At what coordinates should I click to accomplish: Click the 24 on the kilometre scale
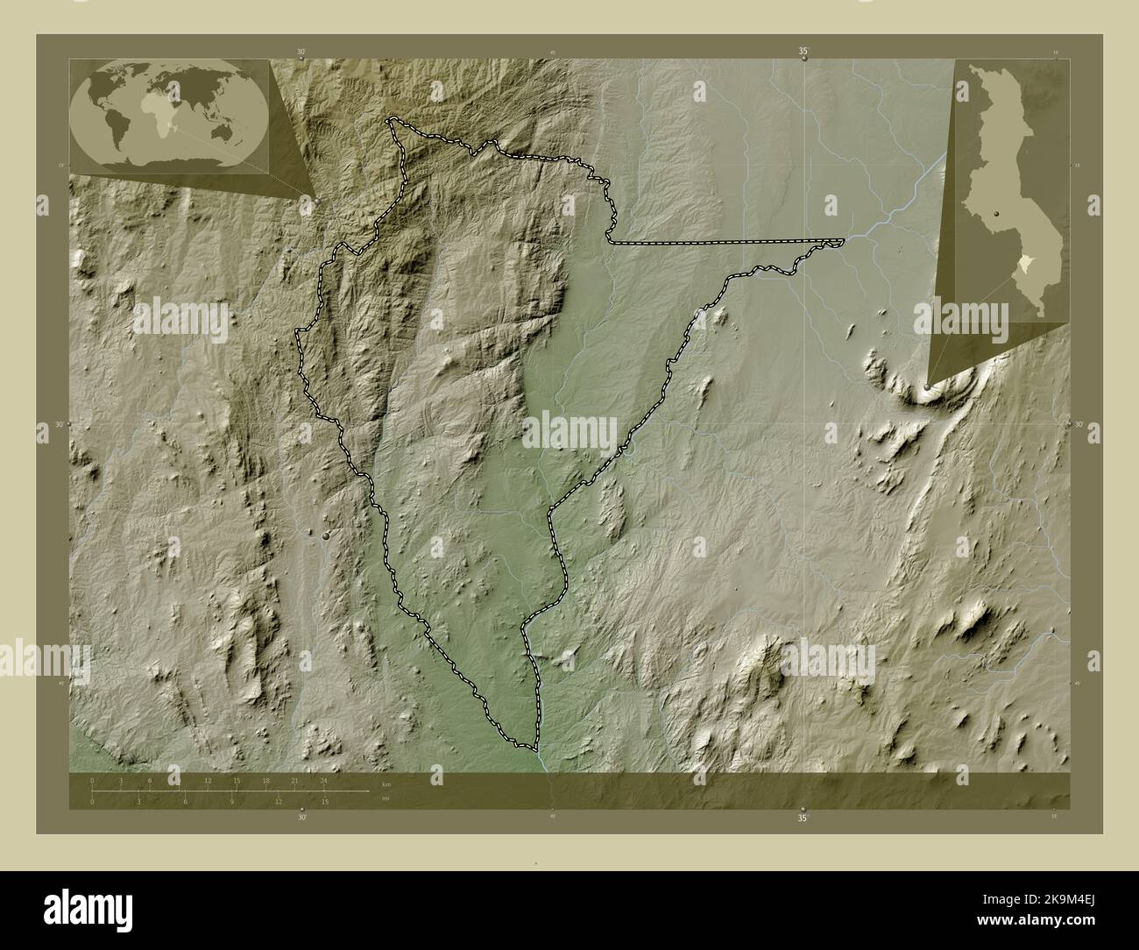pos(324,780)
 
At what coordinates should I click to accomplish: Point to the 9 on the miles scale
pos(232,801)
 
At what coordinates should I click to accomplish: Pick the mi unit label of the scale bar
pos(385,798)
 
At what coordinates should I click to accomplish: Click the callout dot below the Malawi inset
pos(927,386)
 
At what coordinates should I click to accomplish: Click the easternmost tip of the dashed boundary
pos(845,240)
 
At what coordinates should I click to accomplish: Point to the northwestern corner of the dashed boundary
pos(391,120)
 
